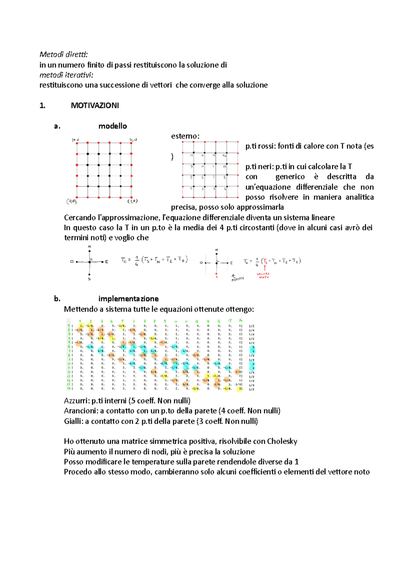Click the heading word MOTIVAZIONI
(x=95, y=106)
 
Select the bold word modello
(x=113, y=126)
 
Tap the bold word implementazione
(x=128, y=299)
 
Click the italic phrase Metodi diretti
(x=64, y=54)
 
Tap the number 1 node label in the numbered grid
(x=191, y=189)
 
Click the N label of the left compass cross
(x=89, y=247)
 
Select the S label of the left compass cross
(x=89, y=279)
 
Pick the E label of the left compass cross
(x=107, y=262)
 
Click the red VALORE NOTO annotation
(x=264, y=276)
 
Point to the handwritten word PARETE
(x=238, y=279)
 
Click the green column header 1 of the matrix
(x=80, y=321)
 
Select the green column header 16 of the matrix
(x=240, y=320)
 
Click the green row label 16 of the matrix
(x=69, y=388)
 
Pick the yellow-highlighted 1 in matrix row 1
(x=81, y=326)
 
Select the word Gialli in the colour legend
(x=73, y=421)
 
